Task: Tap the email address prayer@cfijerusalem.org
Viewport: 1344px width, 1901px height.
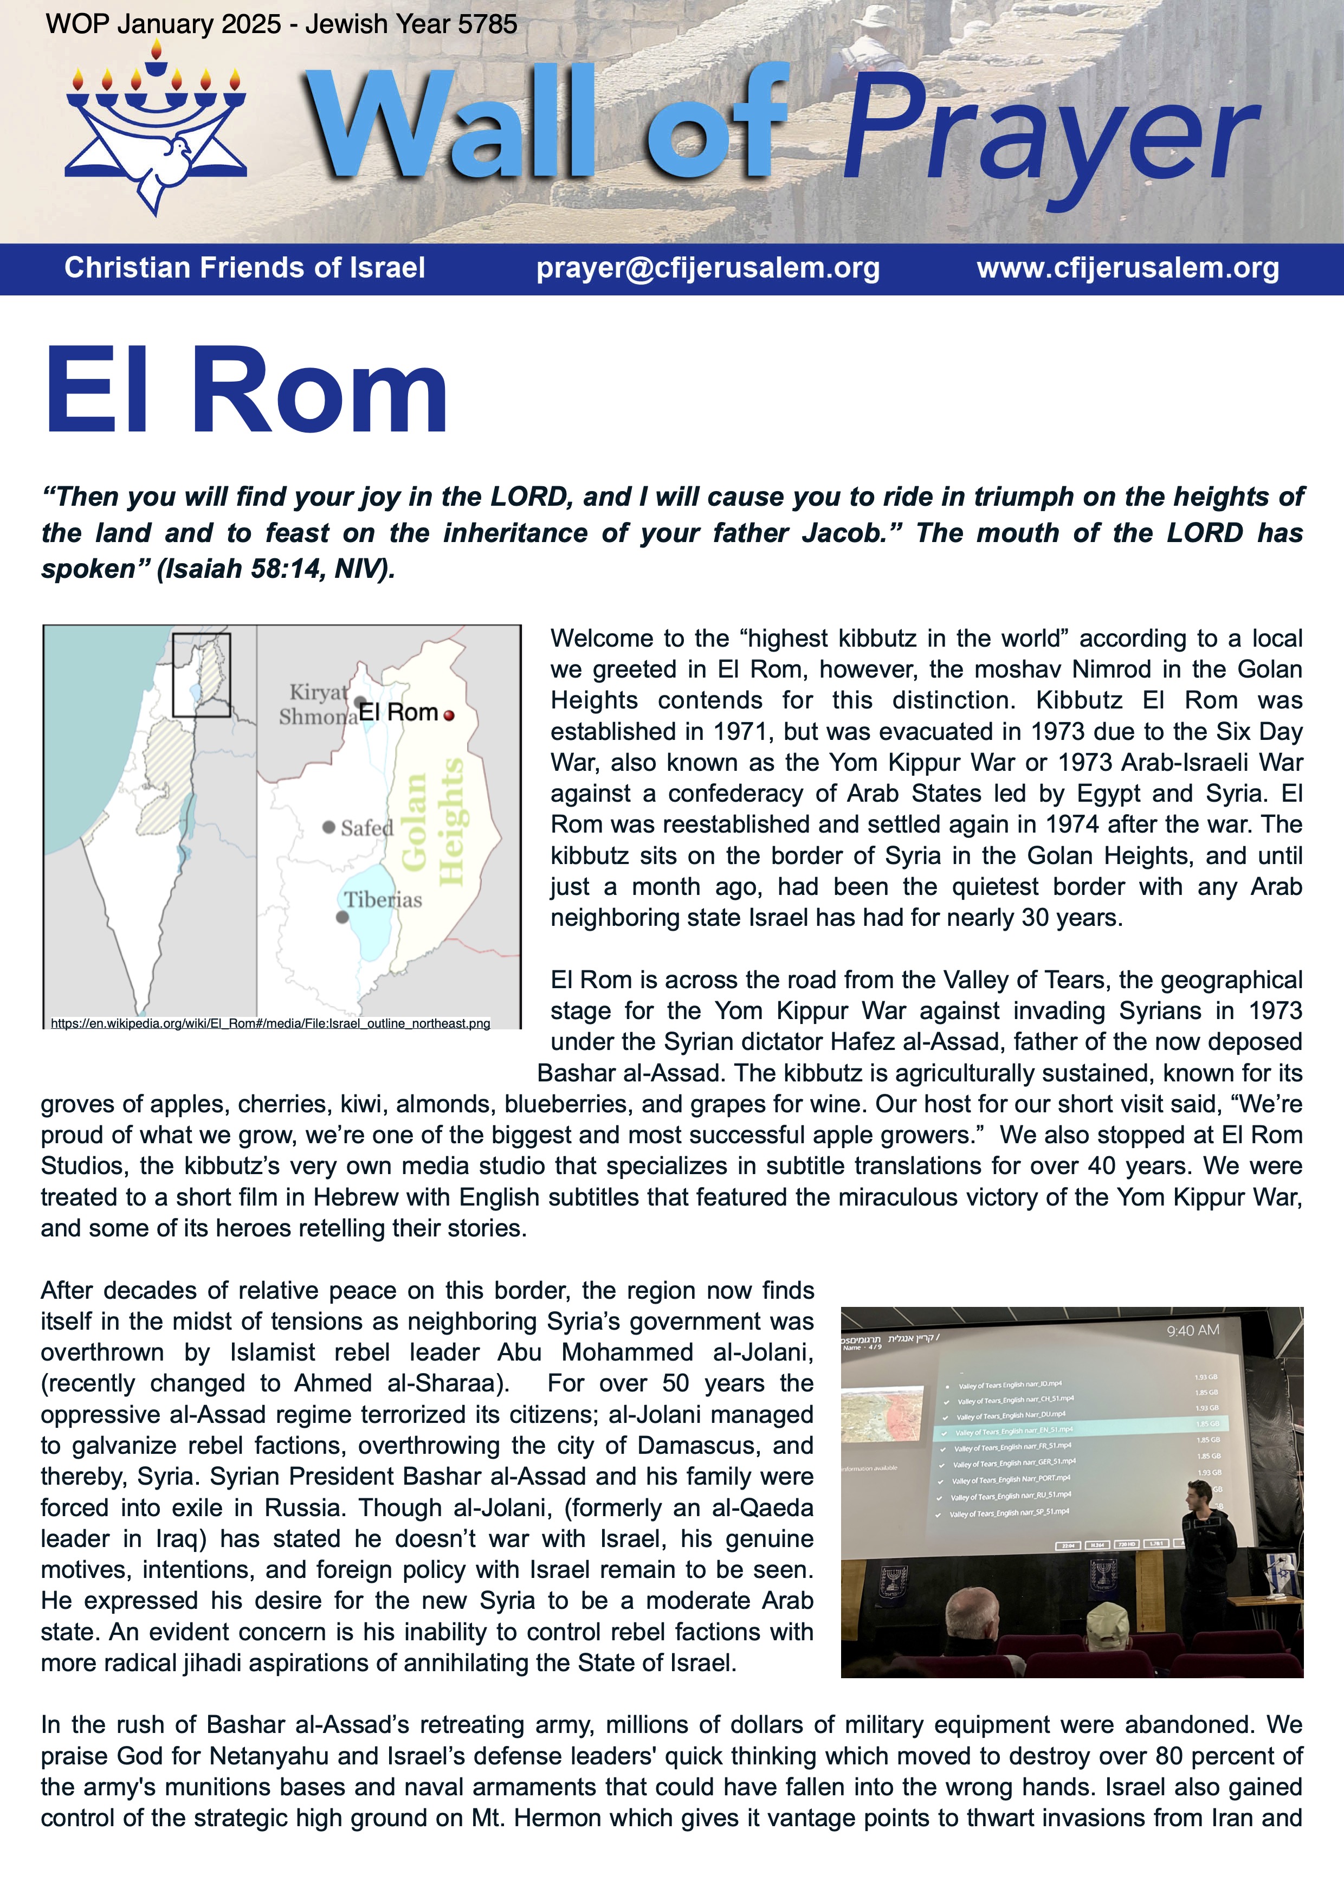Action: click(708, 268)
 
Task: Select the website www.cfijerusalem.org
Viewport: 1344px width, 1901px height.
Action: click(1128, 268)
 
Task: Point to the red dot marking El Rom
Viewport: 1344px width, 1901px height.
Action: click(449, 716)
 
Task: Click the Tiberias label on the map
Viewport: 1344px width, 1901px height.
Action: click(383, 899)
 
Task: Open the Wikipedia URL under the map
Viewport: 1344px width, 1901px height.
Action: click(270, 1023)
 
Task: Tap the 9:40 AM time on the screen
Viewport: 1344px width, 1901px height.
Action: click(1193, 1330)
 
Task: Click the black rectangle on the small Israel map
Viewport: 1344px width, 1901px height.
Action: click(201, 675)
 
